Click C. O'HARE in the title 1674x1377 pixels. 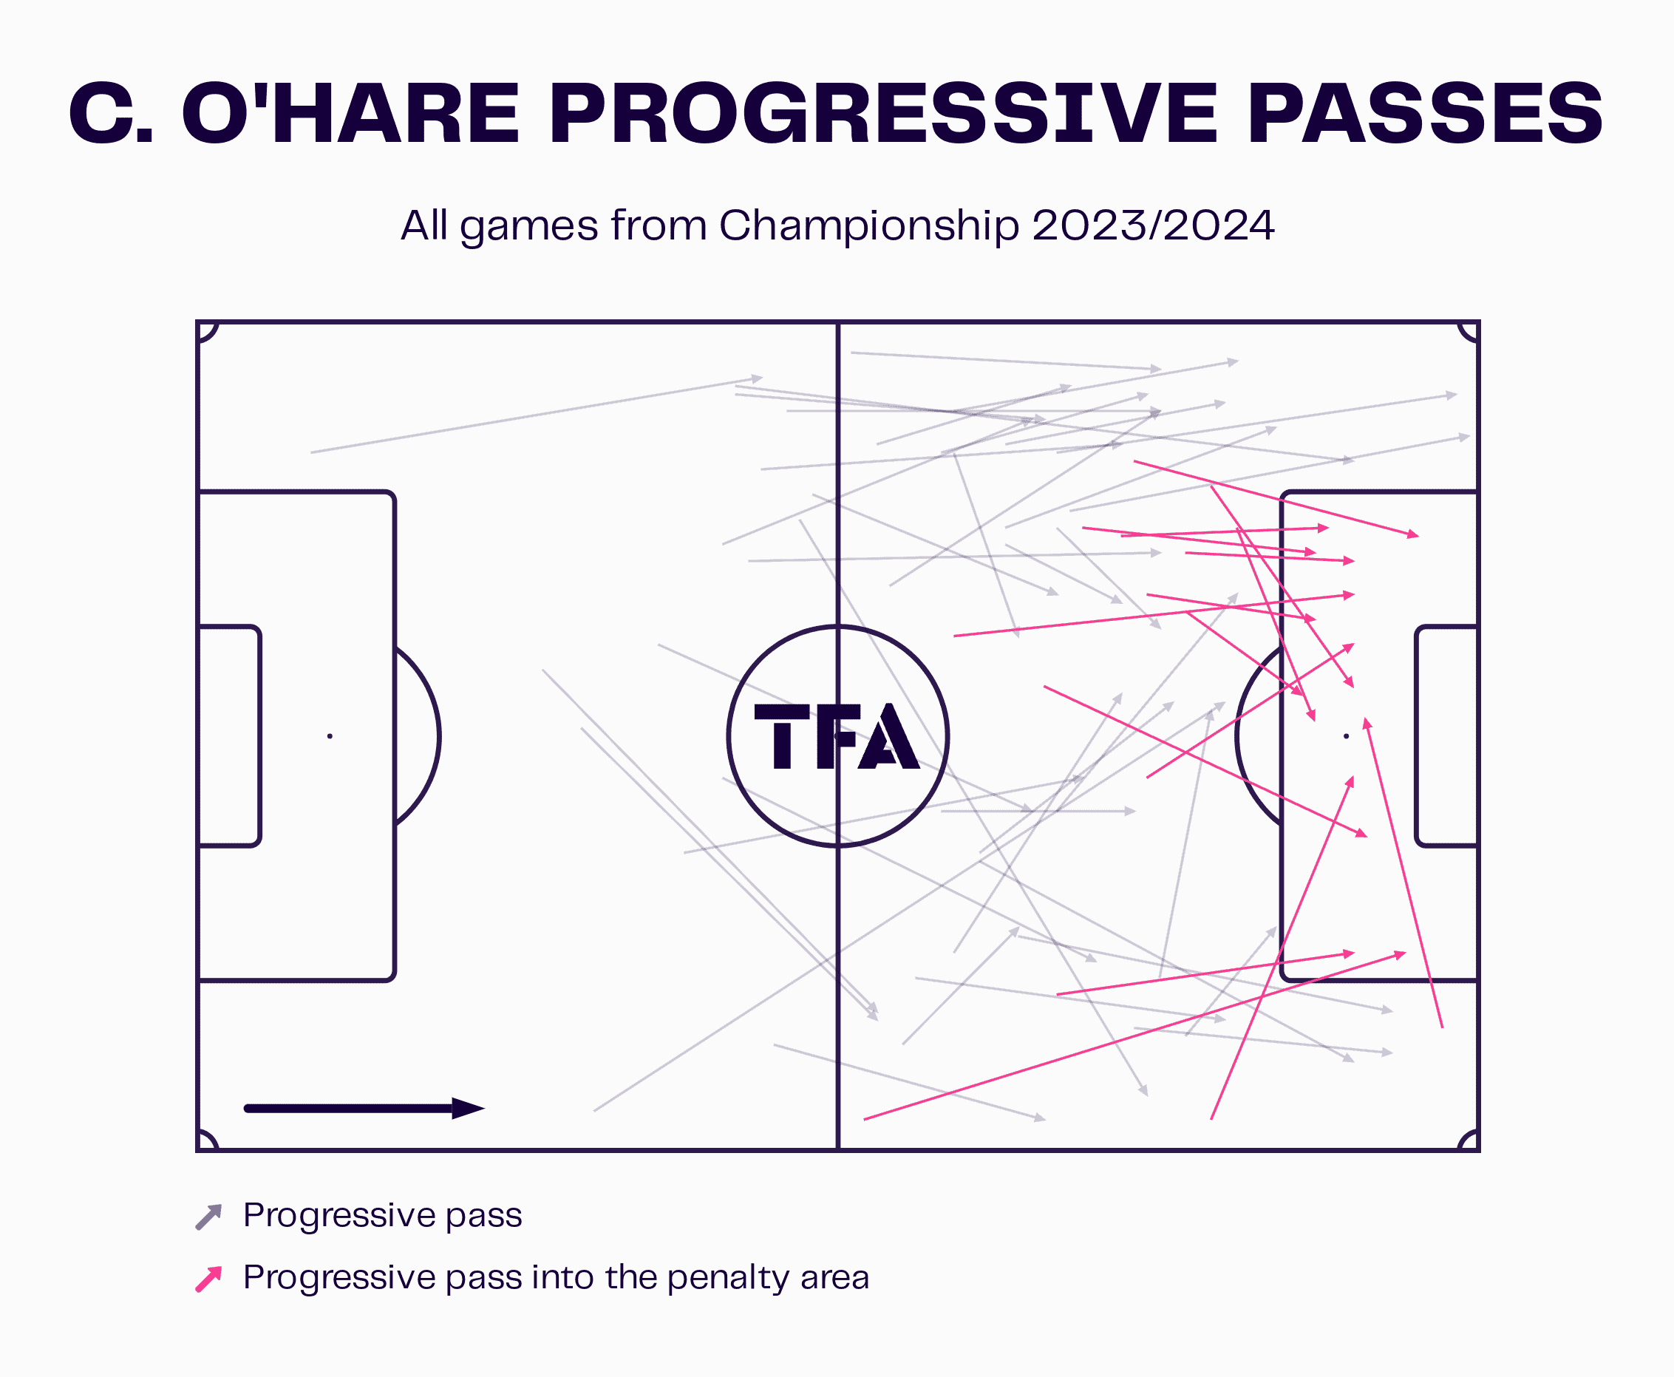pos(294,115)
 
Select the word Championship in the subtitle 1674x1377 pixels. pos(869,226)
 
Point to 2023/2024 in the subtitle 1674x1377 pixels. pos(1154,225)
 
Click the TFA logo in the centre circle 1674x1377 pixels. pos(837,736)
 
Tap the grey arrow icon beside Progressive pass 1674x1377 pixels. pos(208,1217)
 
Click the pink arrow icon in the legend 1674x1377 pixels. pos(208,1279)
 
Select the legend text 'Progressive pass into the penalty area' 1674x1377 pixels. pos(556,1278)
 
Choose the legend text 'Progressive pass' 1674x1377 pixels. pos(383,1216)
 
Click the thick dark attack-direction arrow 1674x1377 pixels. pos(365,1108)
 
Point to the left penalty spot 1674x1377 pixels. pos(330,736)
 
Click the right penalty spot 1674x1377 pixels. pos(1346,736)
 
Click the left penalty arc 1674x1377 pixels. pos(438,736)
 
